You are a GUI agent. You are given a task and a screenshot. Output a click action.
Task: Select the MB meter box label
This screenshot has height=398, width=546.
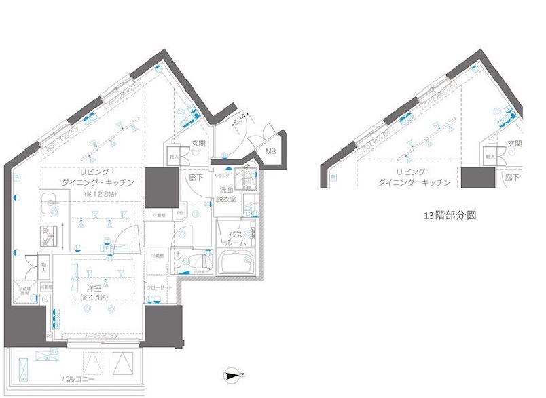pos(270,152)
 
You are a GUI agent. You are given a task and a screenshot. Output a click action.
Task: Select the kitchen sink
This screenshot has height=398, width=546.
pos(49,202)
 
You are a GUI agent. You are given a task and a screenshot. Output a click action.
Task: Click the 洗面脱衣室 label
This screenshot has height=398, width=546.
pos(225,195)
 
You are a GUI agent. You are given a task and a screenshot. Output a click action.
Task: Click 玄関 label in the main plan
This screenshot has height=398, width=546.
pos(198,144)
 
